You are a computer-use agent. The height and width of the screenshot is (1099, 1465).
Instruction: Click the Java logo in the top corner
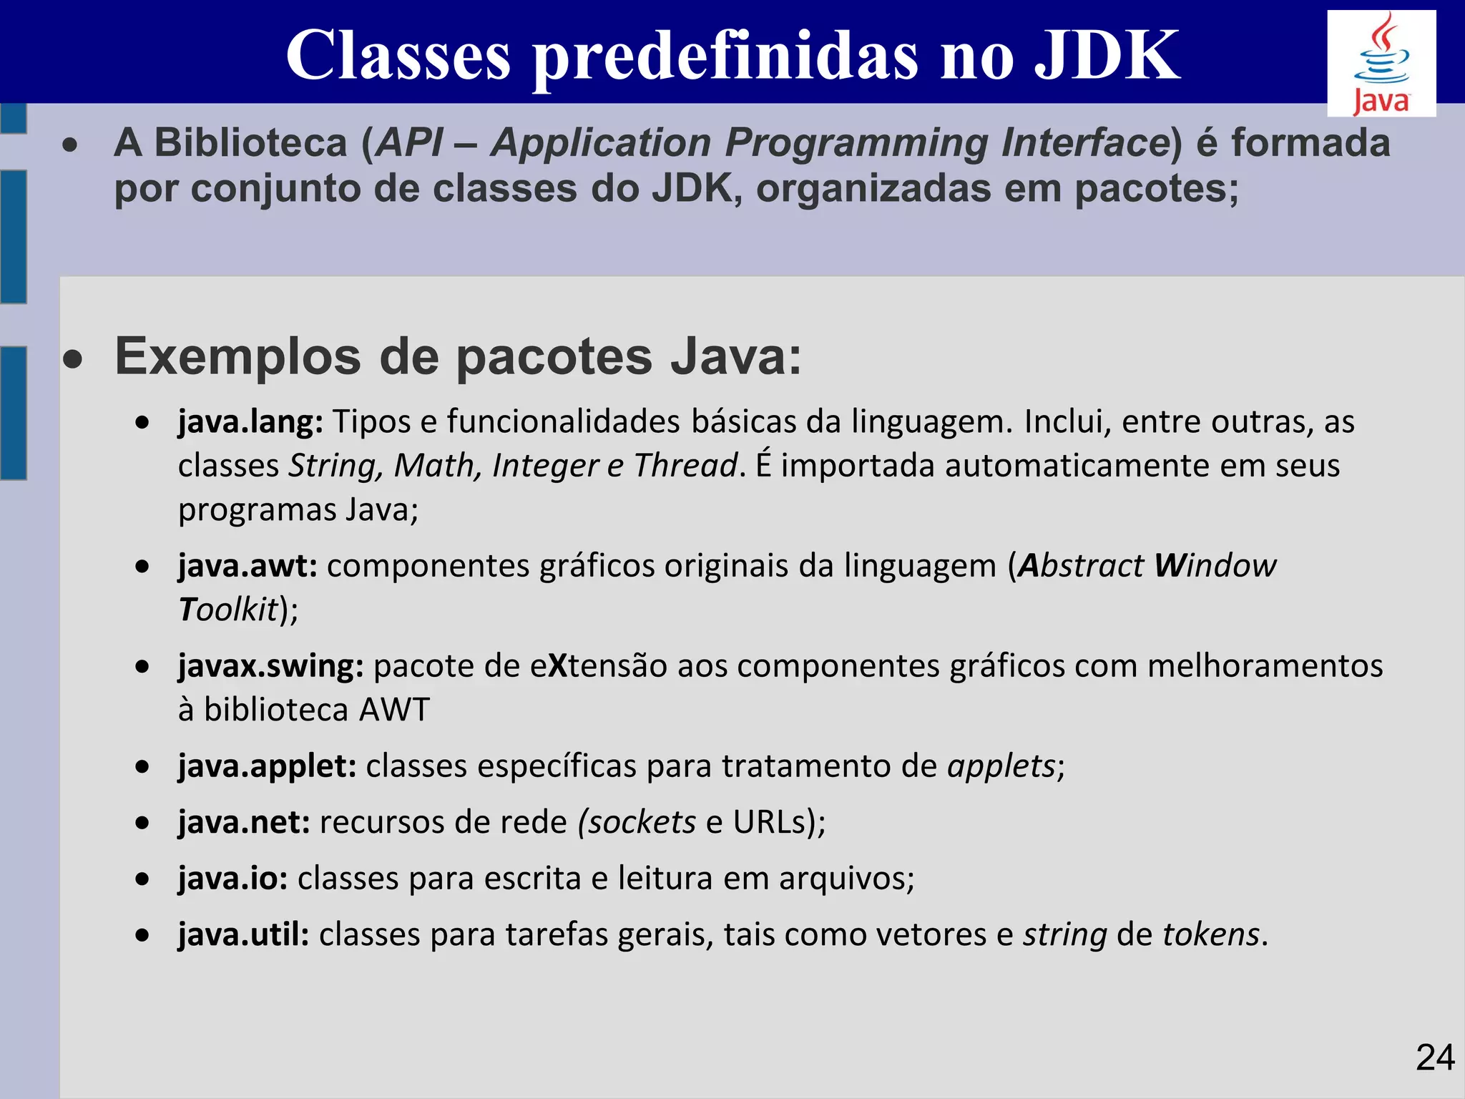tap(1381, 64)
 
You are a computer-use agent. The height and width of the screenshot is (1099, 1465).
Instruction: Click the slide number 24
tap(1434, 1058)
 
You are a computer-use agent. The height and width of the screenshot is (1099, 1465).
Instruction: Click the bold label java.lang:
tap(250, 421)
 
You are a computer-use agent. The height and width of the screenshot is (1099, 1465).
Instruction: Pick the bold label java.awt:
tap(248, 566)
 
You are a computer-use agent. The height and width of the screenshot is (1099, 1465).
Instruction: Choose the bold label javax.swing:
tap(271, 666)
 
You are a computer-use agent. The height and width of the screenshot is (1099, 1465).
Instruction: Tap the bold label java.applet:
tap(268, 766)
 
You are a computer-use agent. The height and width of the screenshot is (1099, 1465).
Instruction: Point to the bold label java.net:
tap(244, 822)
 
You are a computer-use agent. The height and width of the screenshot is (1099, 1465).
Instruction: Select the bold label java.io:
tap(233, 879)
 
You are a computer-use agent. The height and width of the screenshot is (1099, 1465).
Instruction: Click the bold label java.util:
tap(243, 934)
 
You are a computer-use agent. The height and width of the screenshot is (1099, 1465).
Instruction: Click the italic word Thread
tap(685, 466)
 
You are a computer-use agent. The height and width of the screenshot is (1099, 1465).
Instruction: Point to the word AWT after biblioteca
tap(394, 710)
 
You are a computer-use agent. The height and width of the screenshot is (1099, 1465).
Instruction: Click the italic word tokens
tap(1211, 934)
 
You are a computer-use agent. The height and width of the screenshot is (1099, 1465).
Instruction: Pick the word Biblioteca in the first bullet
tap(250, 142)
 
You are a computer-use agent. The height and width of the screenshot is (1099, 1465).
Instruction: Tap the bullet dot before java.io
tap(144, 879)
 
